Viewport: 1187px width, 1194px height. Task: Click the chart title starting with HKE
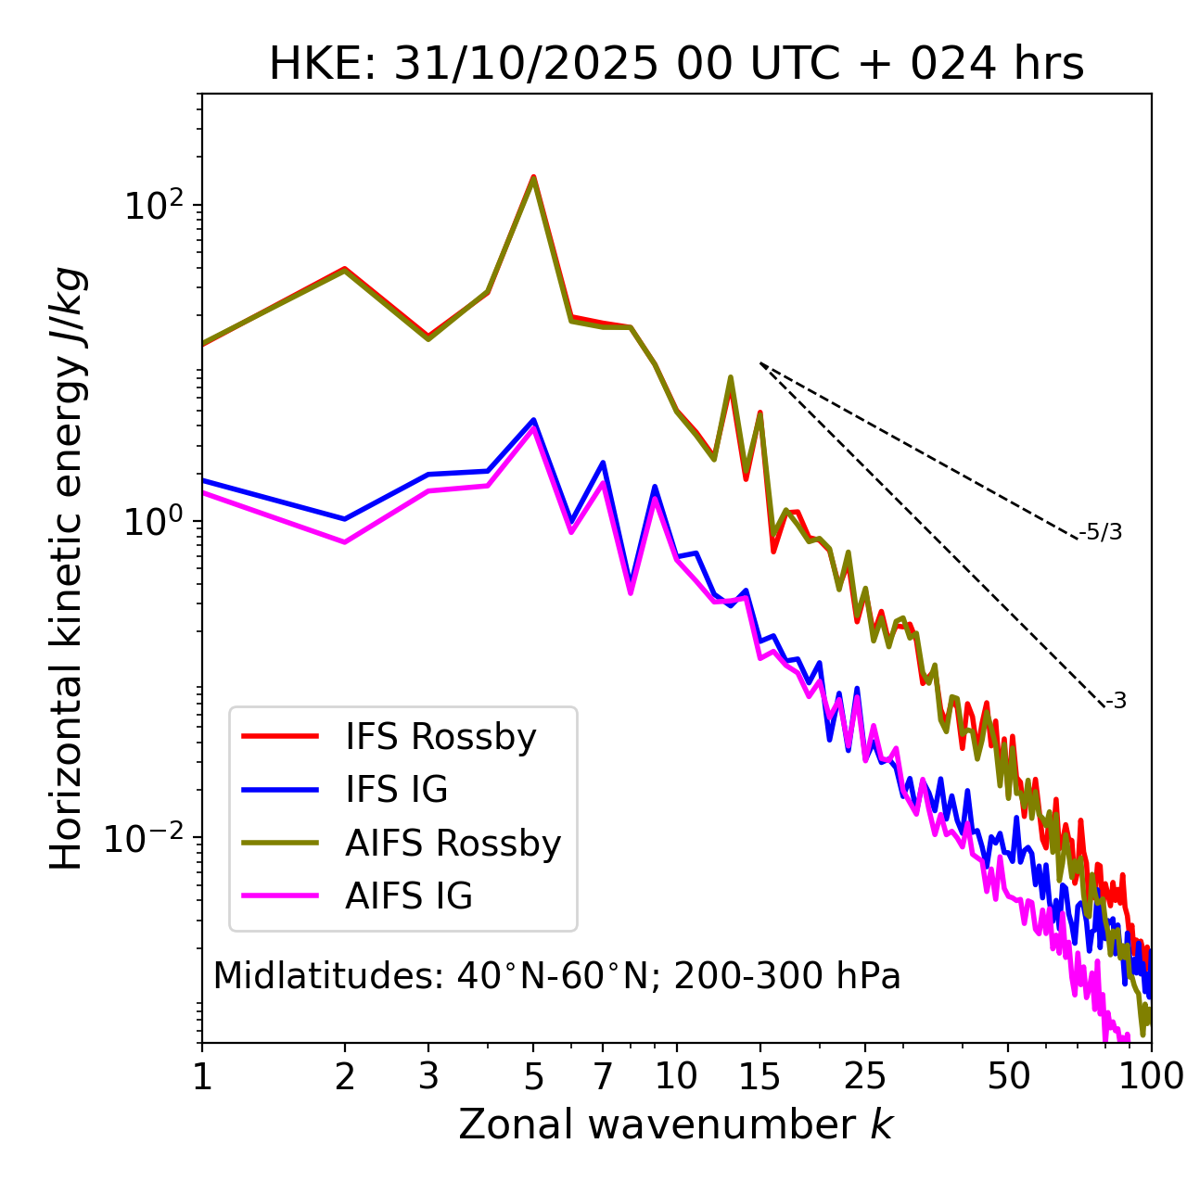[676, 64]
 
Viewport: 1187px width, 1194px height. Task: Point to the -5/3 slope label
[1101, 532]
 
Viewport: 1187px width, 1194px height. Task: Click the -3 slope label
[1116, 702]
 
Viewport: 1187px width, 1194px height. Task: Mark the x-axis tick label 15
[759, 1076]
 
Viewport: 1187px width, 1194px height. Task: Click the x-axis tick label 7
[603, 1076]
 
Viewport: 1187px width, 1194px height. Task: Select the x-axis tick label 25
[865, 1076]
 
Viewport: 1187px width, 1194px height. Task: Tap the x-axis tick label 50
[1008, 1076]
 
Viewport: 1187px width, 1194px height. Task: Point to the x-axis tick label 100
[1151, 1076]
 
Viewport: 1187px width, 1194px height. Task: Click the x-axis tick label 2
[345, 1076]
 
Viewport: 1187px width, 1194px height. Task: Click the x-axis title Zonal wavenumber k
[676, 1124]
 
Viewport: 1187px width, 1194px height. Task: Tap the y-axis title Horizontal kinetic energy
[67, 568]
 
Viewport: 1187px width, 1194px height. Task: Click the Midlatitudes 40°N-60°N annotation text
[556, 976]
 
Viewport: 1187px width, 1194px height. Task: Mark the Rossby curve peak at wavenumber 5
[533, 177]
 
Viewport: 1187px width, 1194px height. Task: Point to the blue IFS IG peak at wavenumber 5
[533, 420]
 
